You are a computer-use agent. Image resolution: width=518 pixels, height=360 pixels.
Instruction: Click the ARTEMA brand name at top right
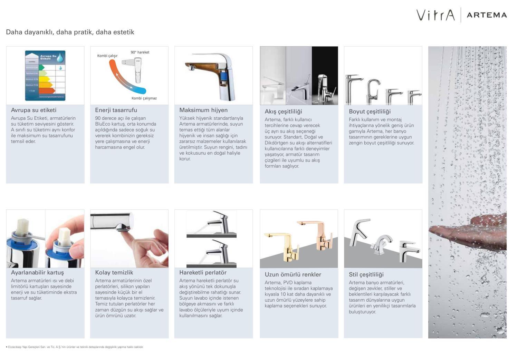[487, 15]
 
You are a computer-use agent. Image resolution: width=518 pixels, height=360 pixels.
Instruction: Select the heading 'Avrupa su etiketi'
[33, 110]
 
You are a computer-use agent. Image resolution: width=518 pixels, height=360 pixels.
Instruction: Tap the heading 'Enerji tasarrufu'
[116, 110]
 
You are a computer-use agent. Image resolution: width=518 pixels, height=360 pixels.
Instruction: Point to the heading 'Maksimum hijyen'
[203, 110]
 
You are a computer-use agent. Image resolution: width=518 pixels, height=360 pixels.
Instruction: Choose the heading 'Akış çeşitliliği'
[283, 111]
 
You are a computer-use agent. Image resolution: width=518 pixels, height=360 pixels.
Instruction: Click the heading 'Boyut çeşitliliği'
[370, 111]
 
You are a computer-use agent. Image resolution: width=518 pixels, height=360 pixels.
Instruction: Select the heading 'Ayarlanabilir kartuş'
[37, 273]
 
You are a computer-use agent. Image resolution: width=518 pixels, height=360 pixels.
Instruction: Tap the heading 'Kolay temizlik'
[114, 273]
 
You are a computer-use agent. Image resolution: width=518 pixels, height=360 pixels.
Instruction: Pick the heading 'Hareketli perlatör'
[203, 273]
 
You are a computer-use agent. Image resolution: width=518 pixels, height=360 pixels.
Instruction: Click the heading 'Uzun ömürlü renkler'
[293, 275]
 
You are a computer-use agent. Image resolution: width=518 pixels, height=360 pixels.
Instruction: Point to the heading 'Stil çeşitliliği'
[366, 275]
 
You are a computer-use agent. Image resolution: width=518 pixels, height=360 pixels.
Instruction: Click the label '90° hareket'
[140, 52]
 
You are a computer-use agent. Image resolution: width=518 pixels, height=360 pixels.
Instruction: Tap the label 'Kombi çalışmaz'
[144, 98]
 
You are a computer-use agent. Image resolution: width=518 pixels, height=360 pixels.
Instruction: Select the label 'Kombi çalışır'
[107, 56]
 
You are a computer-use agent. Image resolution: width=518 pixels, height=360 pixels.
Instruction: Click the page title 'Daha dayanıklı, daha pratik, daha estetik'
[70, 32]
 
